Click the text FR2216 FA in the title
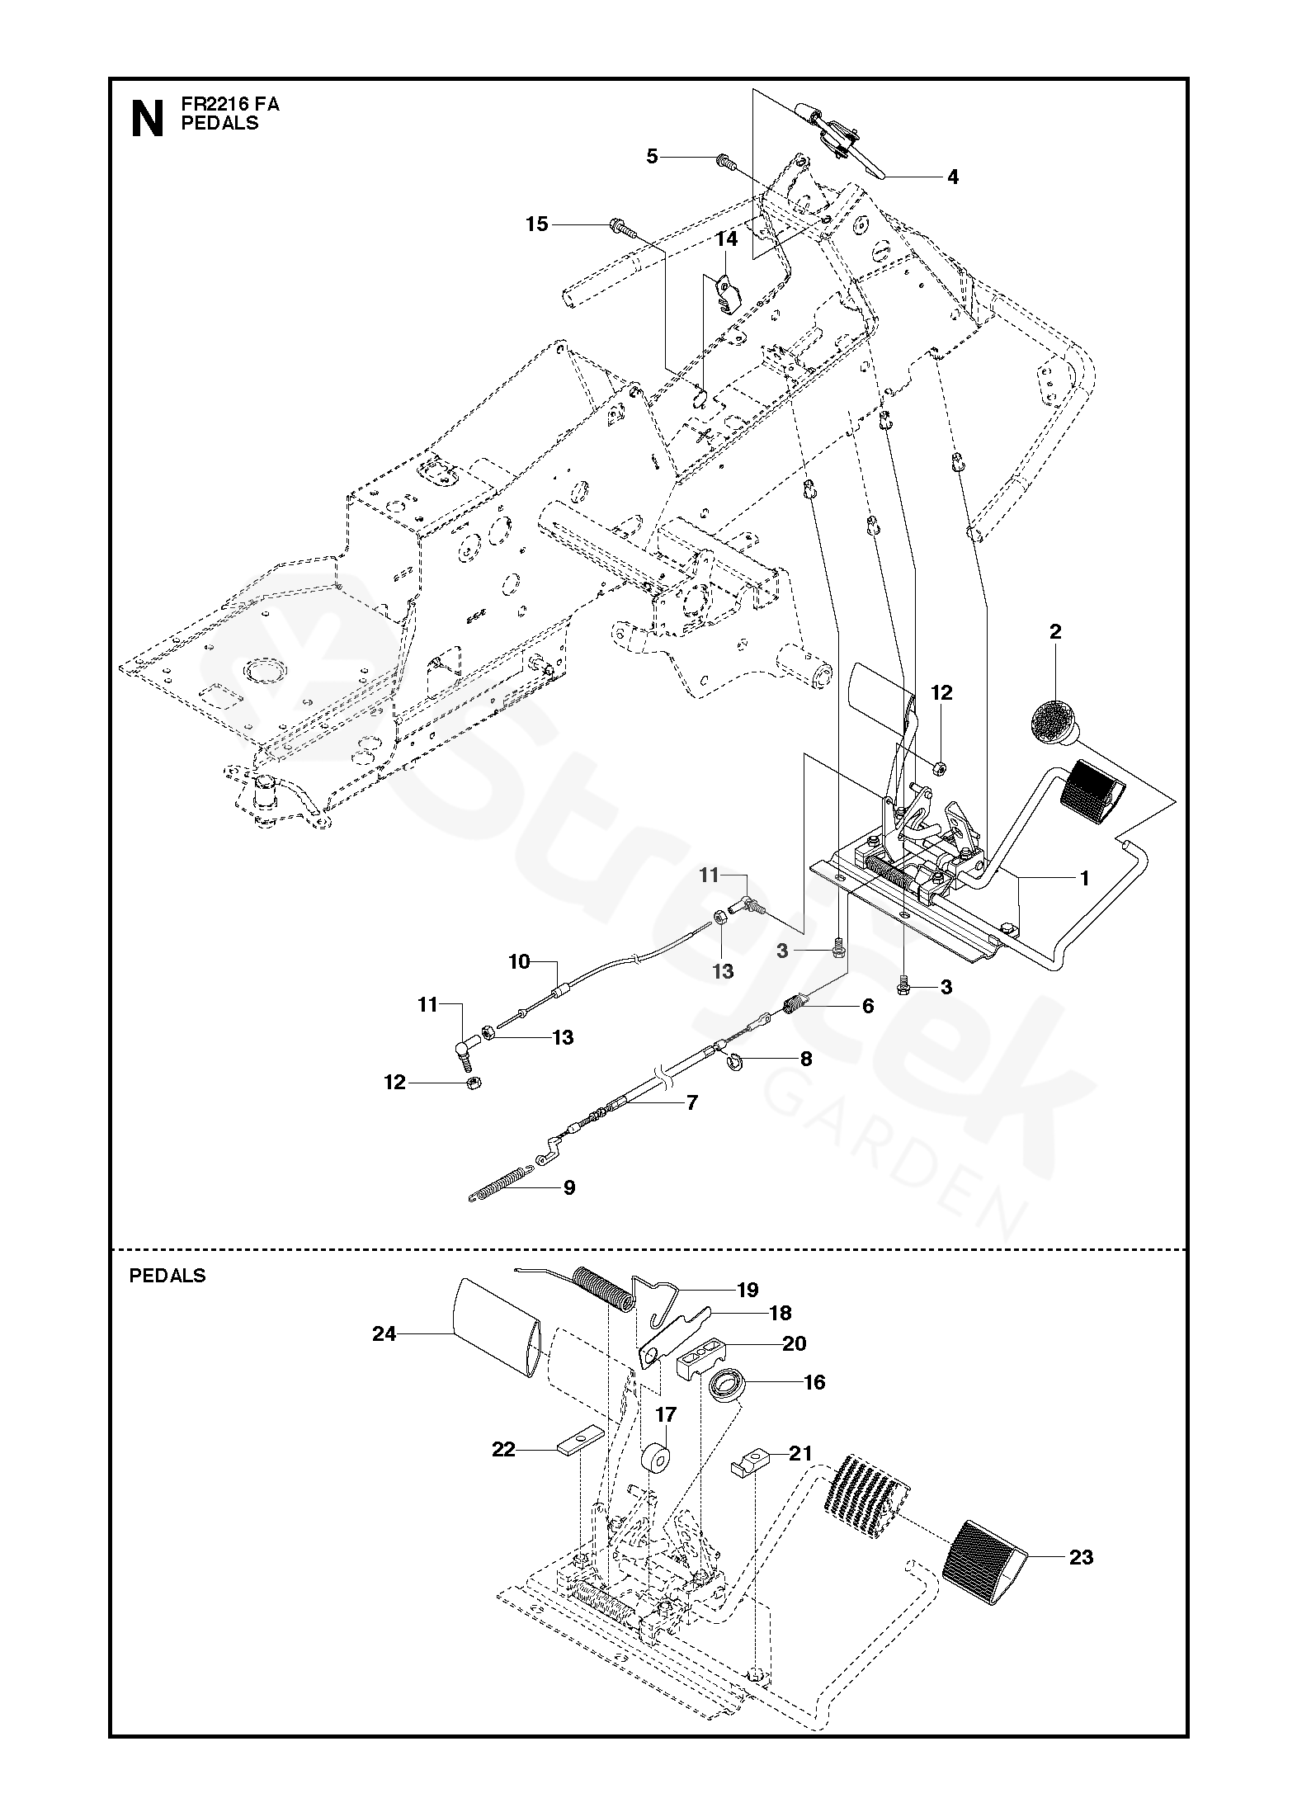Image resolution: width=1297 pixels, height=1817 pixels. click(x=230, y=105)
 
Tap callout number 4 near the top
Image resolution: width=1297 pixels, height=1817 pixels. click(x=953, y=177)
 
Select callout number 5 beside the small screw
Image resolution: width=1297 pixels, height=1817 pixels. click(x=653, y=156)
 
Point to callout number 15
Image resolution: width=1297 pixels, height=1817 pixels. click(x=537, y=224)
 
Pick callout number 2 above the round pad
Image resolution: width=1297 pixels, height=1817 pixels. click(x=1055, y=632)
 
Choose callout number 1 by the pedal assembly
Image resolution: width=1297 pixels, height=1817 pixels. click(x=1084, y=879)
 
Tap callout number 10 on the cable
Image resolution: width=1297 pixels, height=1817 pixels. click(x=519, y=962)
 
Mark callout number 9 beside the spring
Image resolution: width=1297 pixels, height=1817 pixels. click(x=568, y=1187)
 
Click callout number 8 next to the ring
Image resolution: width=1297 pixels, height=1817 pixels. click(x=805, y=1059)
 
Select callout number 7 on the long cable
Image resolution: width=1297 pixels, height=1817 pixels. click(x=691, y=1102)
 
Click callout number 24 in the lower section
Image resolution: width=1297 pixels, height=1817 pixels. click(x=384, y=1333)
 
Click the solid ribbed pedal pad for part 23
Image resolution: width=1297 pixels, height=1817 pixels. click(x=987, y=1562)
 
